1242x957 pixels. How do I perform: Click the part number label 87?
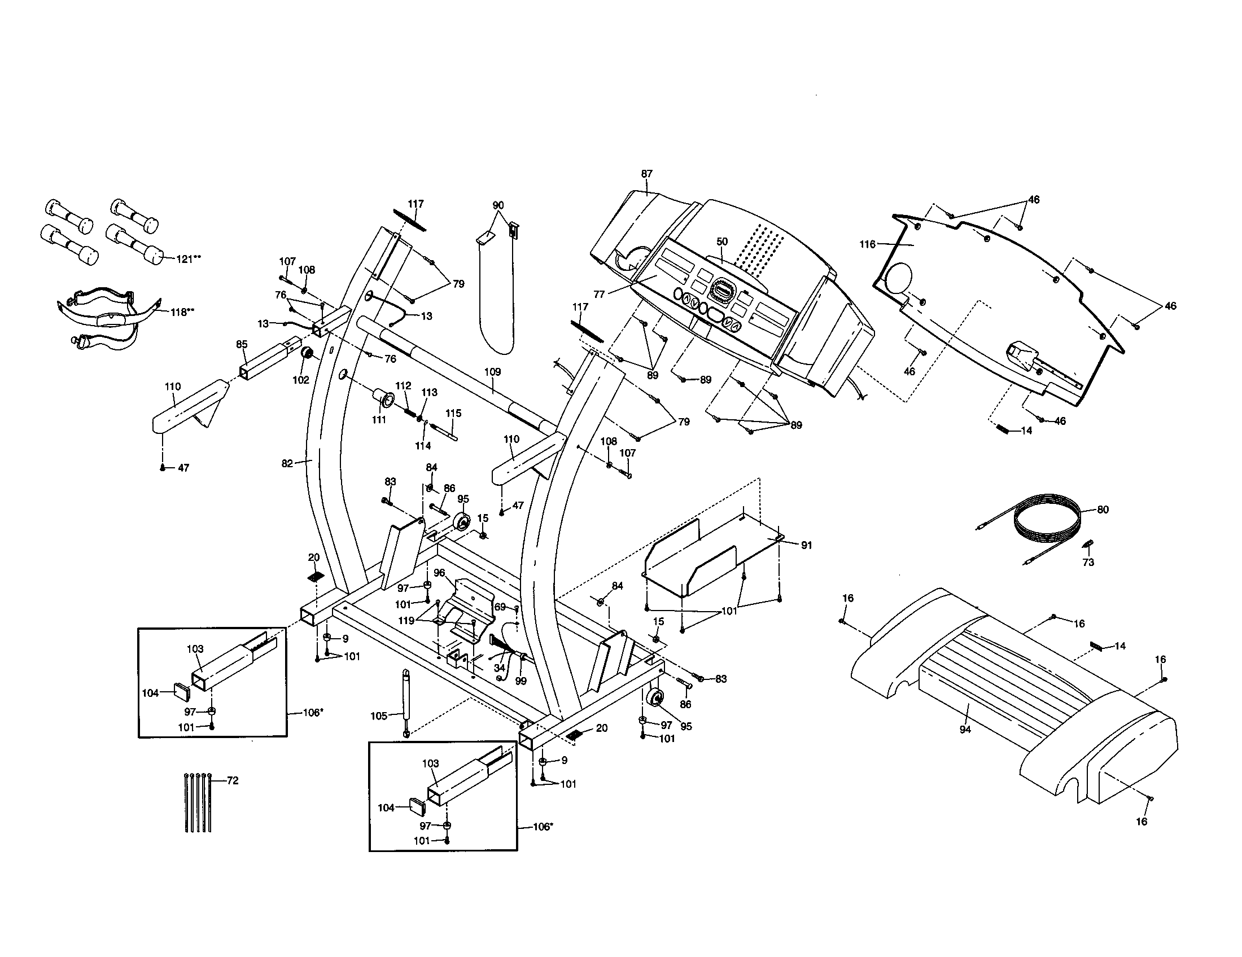point(646,174)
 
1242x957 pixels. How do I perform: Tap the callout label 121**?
point(188,258)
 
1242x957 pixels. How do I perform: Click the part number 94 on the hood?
point(965,730)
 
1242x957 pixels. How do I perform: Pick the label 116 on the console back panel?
point(867,244)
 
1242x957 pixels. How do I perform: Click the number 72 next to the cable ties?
point(232,781)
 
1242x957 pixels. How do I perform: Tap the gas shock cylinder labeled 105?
point(406,703)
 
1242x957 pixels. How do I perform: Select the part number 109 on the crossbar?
point(492,372)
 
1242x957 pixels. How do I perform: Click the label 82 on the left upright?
point(287,464)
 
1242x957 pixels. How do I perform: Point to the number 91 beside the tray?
point(806,546)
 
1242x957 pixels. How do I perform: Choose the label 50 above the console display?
point(721,242)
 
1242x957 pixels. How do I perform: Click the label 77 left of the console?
point(599,295)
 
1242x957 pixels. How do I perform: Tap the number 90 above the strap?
point(497,205)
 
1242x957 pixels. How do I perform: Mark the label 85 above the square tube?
point(242,344)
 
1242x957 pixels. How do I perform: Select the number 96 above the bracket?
point(439,573)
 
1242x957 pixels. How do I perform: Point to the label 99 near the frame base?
point(521,681)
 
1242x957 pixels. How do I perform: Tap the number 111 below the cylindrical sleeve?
point(379,420)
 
